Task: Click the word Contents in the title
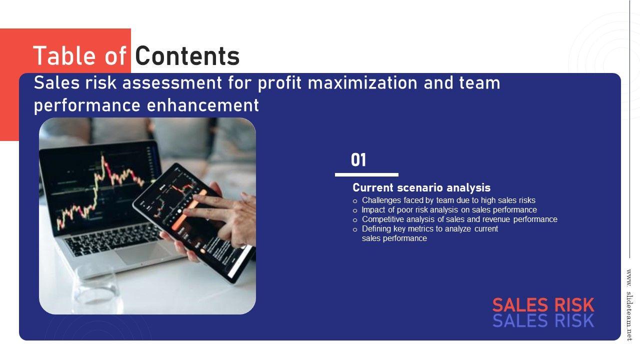[187, 56]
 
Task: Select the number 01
[358, 160]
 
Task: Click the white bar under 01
[366, 174]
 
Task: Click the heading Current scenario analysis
[421, 187]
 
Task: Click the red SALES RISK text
[543, 305]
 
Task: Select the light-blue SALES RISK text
[543, 320]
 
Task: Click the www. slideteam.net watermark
[629, 305]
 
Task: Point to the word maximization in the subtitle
[362, 83]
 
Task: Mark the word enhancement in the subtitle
[203, 105]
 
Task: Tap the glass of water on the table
[97, 290]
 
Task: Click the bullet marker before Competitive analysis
[355, 220]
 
